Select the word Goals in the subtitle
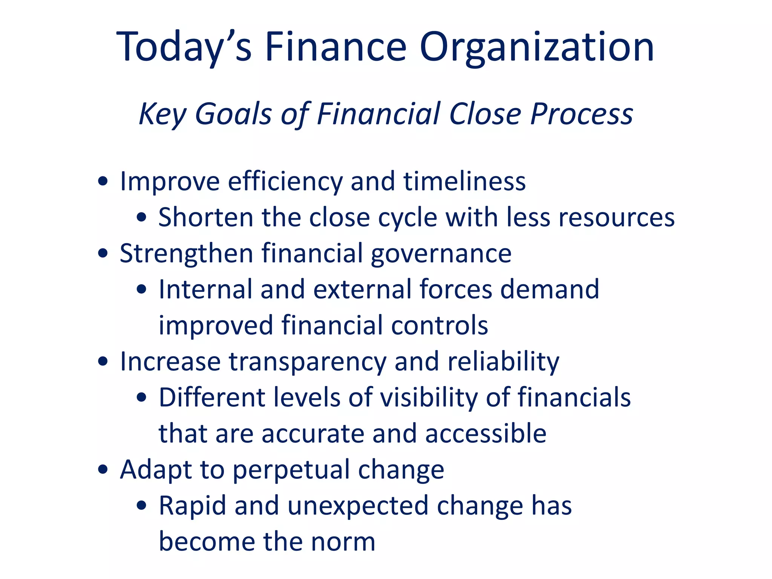pyautogui.click(x=233, y=114)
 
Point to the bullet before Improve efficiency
pyautogui.click(x=103, y=181)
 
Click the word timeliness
pyautogui.click(x=464, y=181)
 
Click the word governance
pyautogui.click(x=441, y=253)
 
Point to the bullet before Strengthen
pyautogui.click(x=103, y=253)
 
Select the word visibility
pyautogui.click(x=429, y=398)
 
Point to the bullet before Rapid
pyautogui.click(x=142, y=506)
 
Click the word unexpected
pyautogui.click(x=358, y=506)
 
